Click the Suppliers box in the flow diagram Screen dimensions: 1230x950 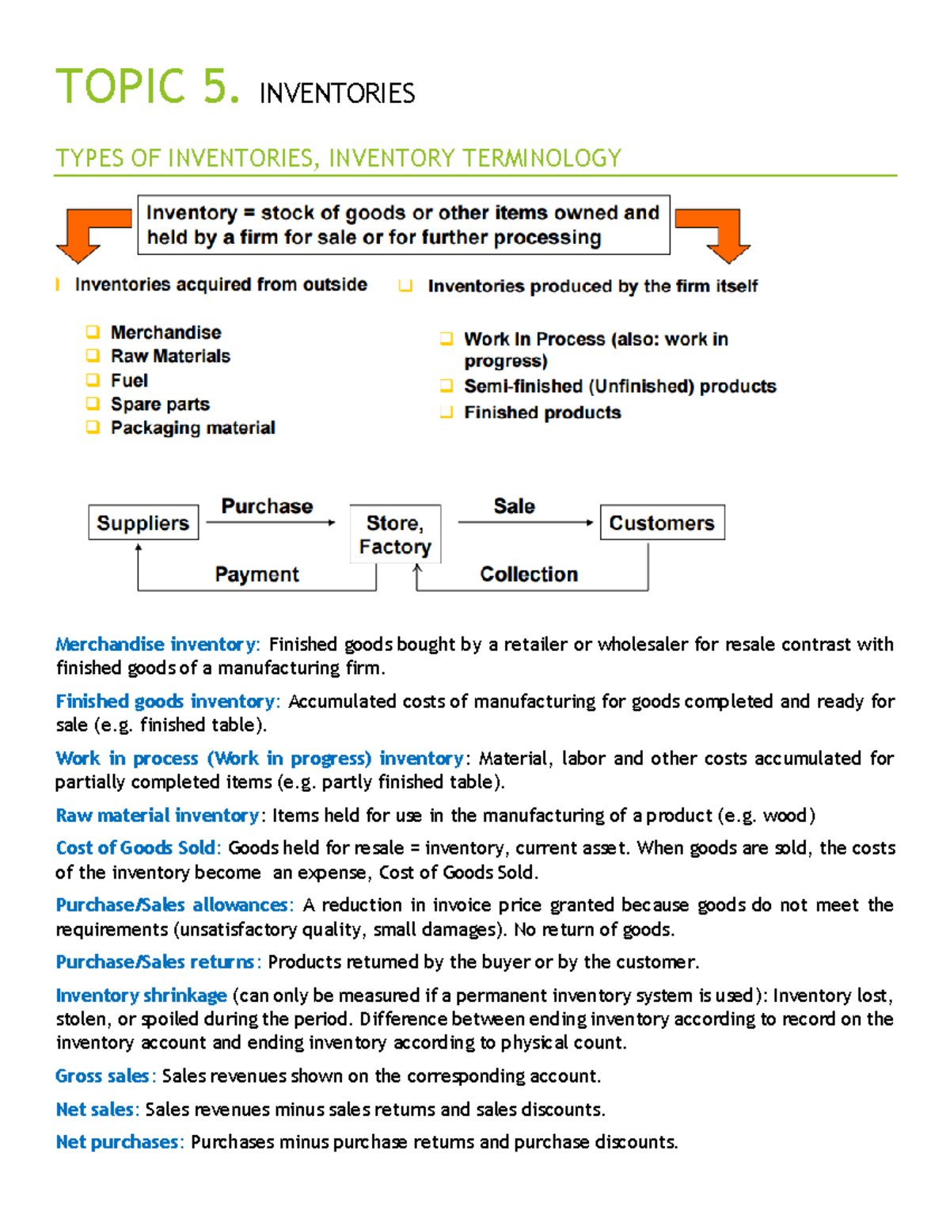tap(143, 523)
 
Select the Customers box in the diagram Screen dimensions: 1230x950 tap(662, 523)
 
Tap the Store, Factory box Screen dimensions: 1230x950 tap(395, 535)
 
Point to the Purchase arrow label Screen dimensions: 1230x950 tap(267, 506)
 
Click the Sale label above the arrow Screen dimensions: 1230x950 tap(514, 506)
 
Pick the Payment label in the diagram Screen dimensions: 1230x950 tap(256, 574)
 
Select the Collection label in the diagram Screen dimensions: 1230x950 tap(529, 574)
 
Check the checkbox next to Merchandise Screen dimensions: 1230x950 tap(93, 332)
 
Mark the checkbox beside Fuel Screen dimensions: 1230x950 tap(93, 380)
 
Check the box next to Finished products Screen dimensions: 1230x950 tap(446, 412)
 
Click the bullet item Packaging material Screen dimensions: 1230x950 tap(192, 428)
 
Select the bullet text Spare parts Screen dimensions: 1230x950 tap(160, 404)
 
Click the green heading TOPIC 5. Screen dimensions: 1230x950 tap(146, 86)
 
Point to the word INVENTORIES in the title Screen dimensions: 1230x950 tap(336, 93)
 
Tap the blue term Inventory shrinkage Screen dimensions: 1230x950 tap(141, 995)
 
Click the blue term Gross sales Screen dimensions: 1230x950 tap(102, 1076)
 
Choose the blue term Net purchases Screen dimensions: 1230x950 tap(117, 1142)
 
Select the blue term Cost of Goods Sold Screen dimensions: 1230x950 tap(135, 847)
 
